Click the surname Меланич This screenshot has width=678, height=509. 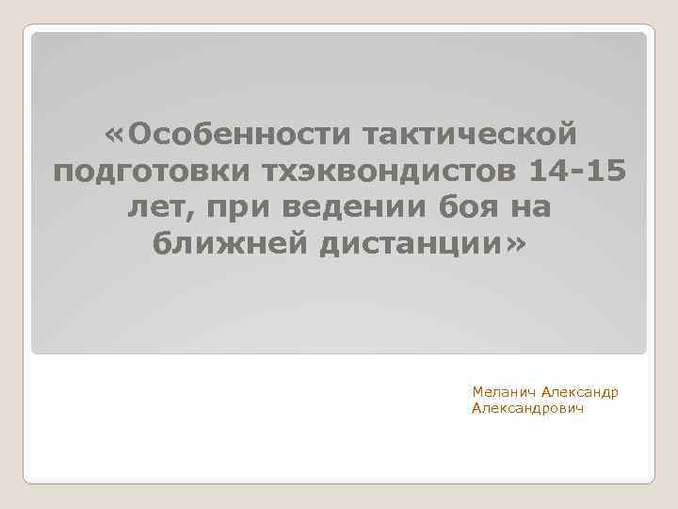[506, 391]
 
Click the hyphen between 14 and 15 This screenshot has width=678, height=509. [578, 176]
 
